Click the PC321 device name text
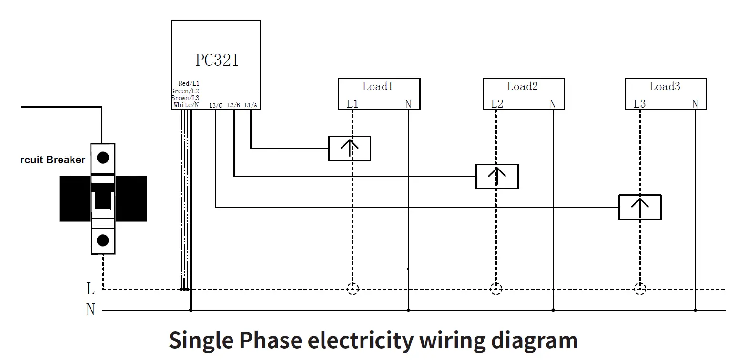coord(217,60)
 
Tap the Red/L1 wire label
coord(189,83)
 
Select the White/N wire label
coord(186,105)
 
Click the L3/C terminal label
coord(215,105)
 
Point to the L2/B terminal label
coord(233,105)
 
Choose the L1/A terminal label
coord(251,105)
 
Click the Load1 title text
coord(378,86)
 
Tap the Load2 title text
coord(522,86)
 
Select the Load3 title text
coord(665,86)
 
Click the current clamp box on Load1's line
coord(349,148)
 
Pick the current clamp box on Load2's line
coord(496,176)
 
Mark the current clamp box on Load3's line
coord(639,207)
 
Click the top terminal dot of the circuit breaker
coord(103,158)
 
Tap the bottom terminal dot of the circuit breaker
coord(103,240)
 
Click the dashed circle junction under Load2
coord(496,289)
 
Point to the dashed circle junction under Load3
coord(640,289)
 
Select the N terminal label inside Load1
coord(408,104)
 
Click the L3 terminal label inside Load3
coord(639,104)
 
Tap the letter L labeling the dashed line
coord(90,289)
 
